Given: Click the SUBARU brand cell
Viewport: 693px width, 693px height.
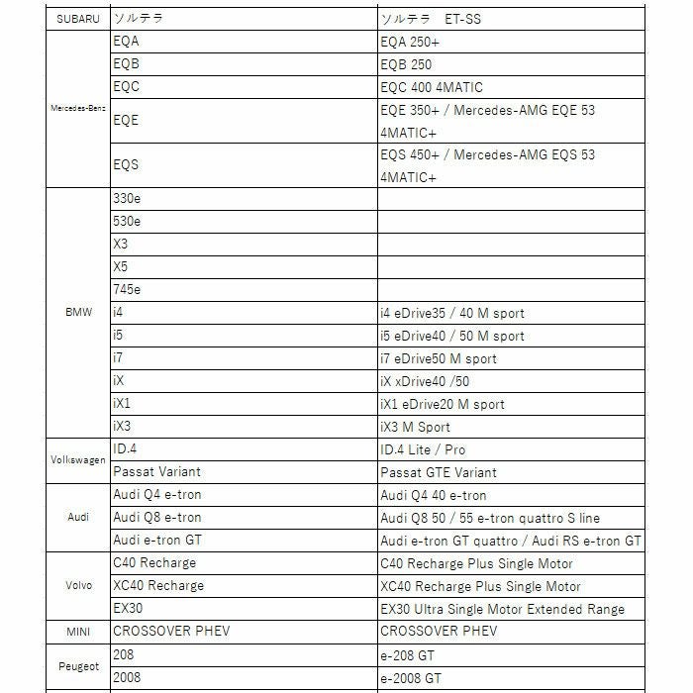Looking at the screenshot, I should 77,19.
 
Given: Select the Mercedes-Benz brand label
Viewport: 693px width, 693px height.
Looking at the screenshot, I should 77,108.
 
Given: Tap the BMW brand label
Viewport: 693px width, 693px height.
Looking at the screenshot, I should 77,313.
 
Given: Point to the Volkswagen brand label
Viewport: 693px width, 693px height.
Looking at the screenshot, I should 77,460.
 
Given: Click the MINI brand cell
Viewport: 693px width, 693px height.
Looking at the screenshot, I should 77,632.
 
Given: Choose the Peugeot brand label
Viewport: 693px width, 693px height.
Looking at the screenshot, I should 77,666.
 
